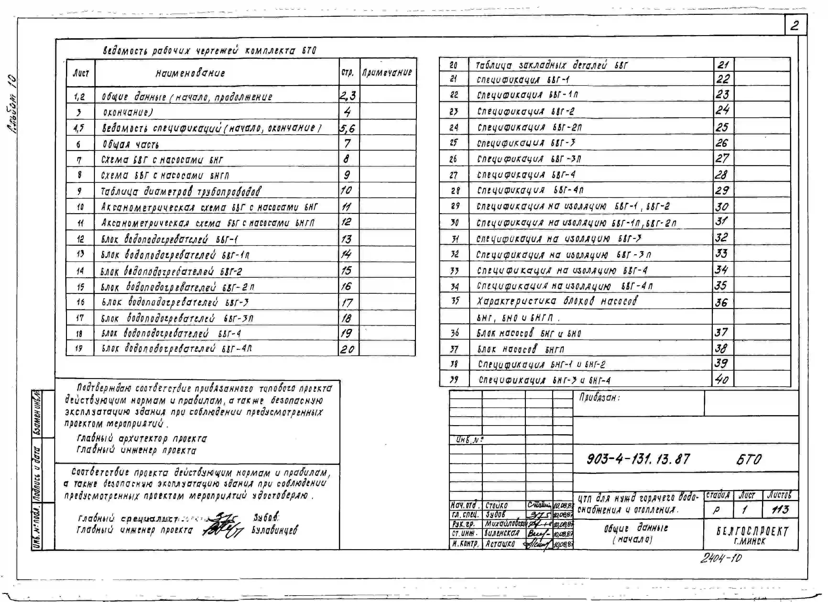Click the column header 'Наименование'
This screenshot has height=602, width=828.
(x=190, y=73)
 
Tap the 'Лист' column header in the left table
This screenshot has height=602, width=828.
(x=81, y=73)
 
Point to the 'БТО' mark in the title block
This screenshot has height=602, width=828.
(x=748, y=460)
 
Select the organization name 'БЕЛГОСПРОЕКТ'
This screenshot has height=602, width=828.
(x=752, y=531)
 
